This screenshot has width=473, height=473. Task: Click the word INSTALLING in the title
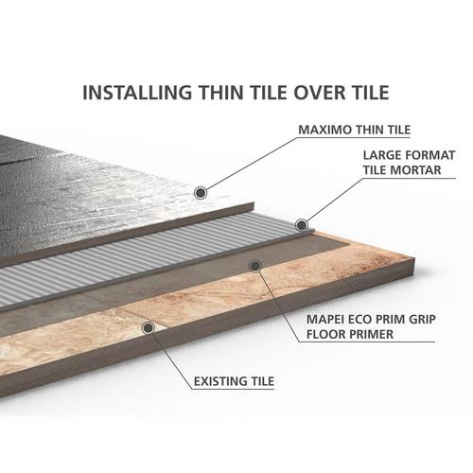(x=137, y=93)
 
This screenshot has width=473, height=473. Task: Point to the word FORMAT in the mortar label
(x=430, y=155)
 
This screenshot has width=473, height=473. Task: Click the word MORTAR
(x=415, y=170)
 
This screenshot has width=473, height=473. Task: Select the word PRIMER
(x=370, y=334)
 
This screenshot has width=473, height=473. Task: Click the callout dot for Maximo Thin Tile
(x=201, y=192)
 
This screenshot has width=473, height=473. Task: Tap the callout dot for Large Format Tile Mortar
(x=302, y=225)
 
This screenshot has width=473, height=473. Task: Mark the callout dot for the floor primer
(x=255, y=266)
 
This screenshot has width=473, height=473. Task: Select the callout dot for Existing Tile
(x=149, y=328)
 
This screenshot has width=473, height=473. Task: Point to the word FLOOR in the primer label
(x=324, y=334)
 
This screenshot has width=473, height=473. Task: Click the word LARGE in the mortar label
(x=381, y=155)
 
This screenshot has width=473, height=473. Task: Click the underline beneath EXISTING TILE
(x=234, y=389)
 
